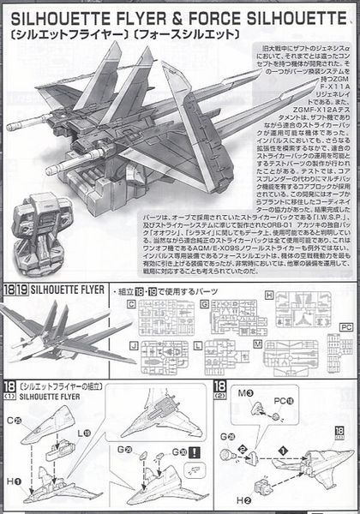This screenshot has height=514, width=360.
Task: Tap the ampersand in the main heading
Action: point(183,17)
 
